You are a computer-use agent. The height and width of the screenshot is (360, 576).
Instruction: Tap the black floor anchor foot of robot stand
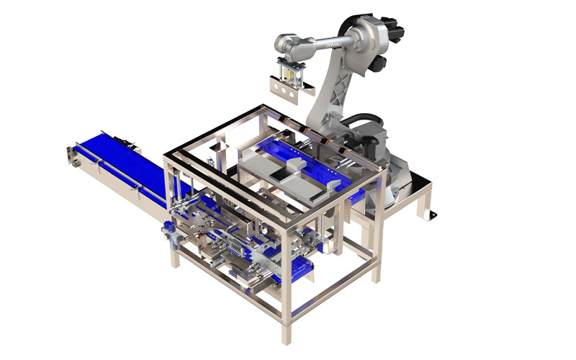[x=433, y=215]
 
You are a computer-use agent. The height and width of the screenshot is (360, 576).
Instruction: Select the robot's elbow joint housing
[x=353, y=29]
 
